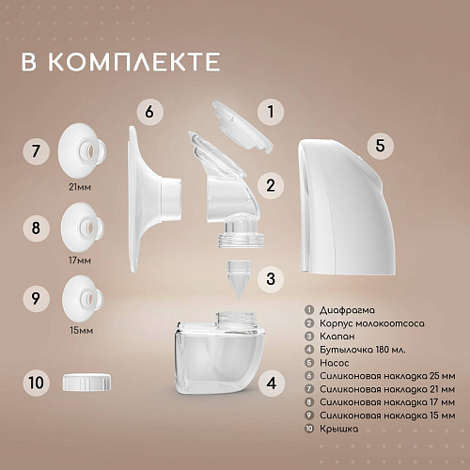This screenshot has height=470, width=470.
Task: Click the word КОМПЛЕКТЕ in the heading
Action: (x=134, y=62)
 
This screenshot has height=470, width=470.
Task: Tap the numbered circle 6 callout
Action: (x=150, y=112)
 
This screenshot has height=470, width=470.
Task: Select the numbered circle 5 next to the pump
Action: (x=380, y=146)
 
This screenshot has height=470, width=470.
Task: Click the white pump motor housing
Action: (x=346, y=207)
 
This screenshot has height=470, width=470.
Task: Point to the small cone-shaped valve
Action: (x=239, y=278)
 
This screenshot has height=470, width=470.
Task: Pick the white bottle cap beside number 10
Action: (x=86, y=382)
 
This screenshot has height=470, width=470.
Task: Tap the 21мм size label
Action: (x=80, y=187)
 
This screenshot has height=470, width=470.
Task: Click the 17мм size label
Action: (x=80, y=260)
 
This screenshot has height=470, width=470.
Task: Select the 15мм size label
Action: (x=82, y=330)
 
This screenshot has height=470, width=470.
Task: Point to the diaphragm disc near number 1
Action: (x=242, y=126)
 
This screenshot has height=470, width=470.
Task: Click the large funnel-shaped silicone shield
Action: (x=154, y=198)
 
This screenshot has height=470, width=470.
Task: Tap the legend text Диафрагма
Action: (x=347, y=310)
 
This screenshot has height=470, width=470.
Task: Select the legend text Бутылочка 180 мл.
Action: (x=363, y=350)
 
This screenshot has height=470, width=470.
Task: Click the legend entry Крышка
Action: (x=338, y=429)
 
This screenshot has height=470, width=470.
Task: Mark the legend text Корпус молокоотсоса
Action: (x=372, y=323)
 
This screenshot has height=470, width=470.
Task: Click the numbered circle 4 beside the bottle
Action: (x=272, y=383)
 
